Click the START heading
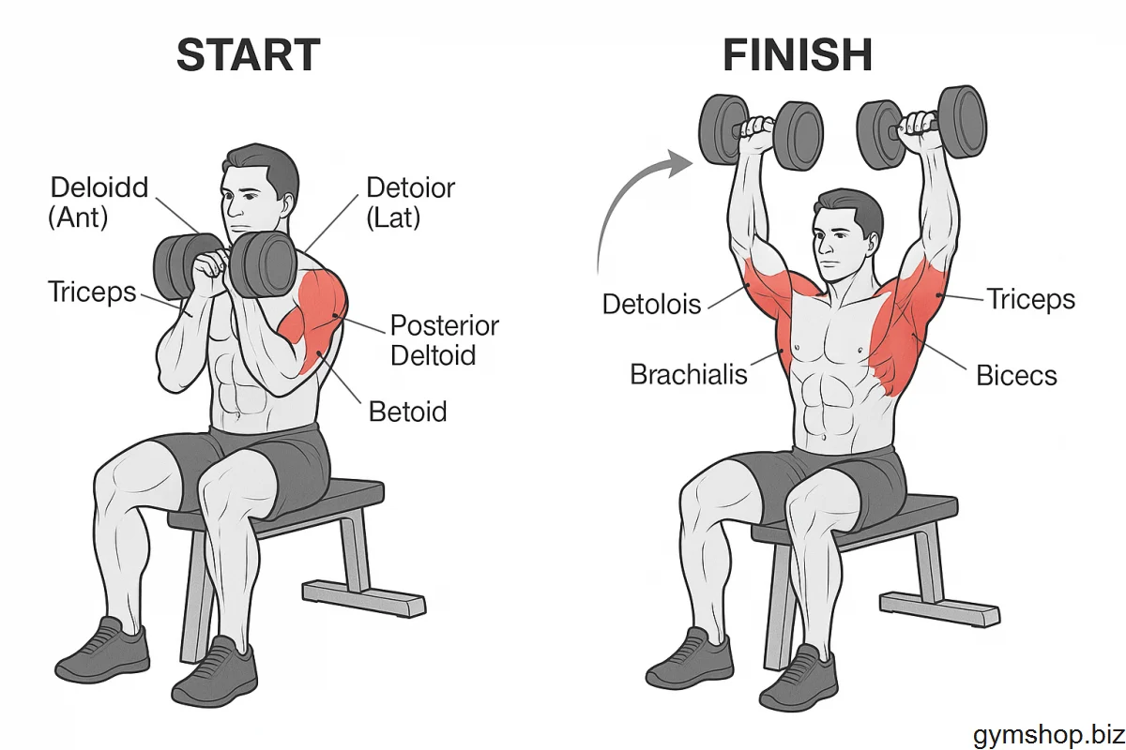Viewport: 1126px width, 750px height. click(x=249, y=54)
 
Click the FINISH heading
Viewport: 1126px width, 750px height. click(x=798, y=54)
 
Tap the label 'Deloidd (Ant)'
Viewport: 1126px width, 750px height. click(x=99, y=202)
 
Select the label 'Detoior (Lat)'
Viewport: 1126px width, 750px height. click(x=410, y=202)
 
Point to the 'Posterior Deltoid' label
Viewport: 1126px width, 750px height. click(x=445, y=340)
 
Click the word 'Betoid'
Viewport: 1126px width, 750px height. click(x=407, y=412)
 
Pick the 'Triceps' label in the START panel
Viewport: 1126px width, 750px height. click(x=92, y=292)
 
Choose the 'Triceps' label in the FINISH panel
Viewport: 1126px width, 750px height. click(x=1031, y=299)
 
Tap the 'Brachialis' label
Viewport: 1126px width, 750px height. click(x=689, y=374)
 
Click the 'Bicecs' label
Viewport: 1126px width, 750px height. click(x=1016, y=375)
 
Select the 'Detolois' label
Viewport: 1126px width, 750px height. click(x=651, y=304)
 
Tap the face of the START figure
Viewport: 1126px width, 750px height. click(x=249, y=206)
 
